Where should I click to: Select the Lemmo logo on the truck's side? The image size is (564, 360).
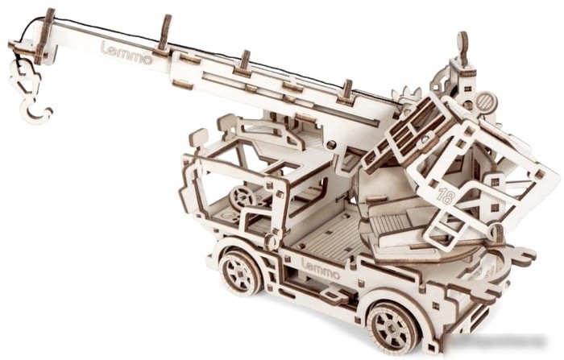tap(321, 269)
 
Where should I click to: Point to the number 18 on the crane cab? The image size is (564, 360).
tap(446, 196)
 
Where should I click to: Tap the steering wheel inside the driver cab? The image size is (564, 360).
tap(242, 198)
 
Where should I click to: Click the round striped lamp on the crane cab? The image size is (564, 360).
tap(486, 102)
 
